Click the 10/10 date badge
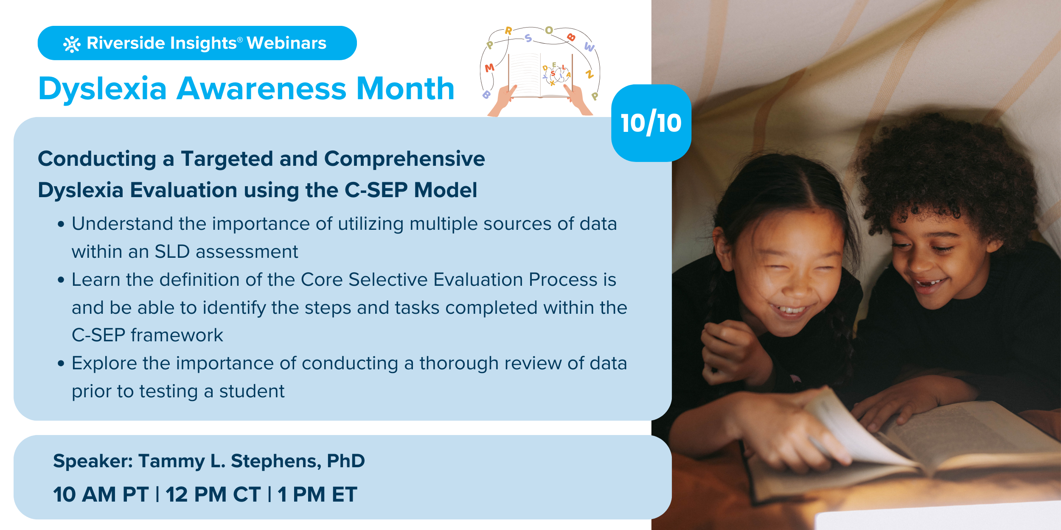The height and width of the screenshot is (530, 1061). click(651, 123)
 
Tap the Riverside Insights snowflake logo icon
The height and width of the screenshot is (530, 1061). click(72, 44)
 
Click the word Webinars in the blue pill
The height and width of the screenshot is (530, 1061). click(286, 43)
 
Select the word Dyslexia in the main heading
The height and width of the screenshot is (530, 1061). click(102, 89)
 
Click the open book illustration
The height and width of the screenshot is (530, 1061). click(540, 75)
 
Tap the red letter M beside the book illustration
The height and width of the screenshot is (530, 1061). click(489, 67)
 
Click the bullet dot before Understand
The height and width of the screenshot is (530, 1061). click(61, 224)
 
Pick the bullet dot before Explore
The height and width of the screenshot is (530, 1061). click(61, 363)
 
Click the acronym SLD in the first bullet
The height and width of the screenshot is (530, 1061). click(172, 251)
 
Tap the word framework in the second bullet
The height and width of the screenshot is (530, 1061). click(177, 335)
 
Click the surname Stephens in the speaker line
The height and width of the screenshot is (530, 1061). click(276, 461)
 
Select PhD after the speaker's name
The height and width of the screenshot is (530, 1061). click(346, 460)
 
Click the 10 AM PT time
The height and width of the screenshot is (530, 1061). click(101, 494)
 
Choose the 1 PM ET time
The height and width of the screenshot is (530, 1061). click(317, 494)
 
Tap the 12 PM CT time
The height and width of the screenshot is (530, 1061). click(213, 494)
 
